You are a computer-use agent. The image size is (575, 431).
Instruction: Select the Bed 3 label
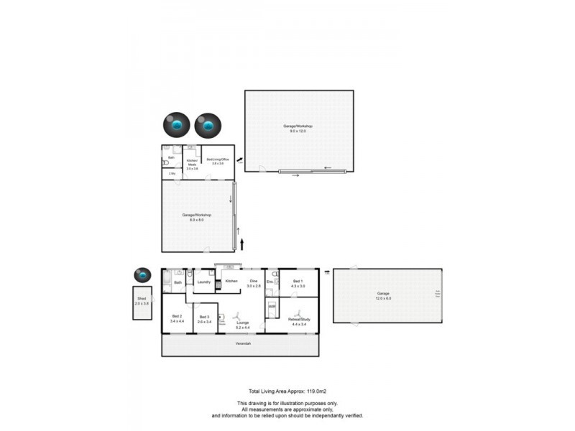(x=204, y=317)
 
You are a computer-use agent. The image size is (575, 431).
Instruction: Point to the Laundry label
(x=203, y=282)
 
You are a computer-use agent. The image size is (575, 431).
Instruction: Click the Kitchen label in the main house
(x=231, y=281)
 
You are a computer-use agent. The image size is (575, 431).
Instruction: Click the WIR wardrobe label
(x=272, y=307)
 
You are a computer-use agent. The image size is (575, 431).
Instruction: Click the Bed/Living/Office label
(x=218, y=160)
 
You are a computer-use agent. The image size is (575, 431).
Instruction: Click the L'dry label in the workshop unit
(x=172, y=174)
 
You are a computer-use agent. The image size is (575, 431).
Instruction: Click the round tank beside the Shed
(x=142, y=274)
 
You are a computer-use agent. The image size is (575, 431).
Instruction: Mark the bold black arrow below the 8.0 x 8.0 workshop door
(x=241, y=244)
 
